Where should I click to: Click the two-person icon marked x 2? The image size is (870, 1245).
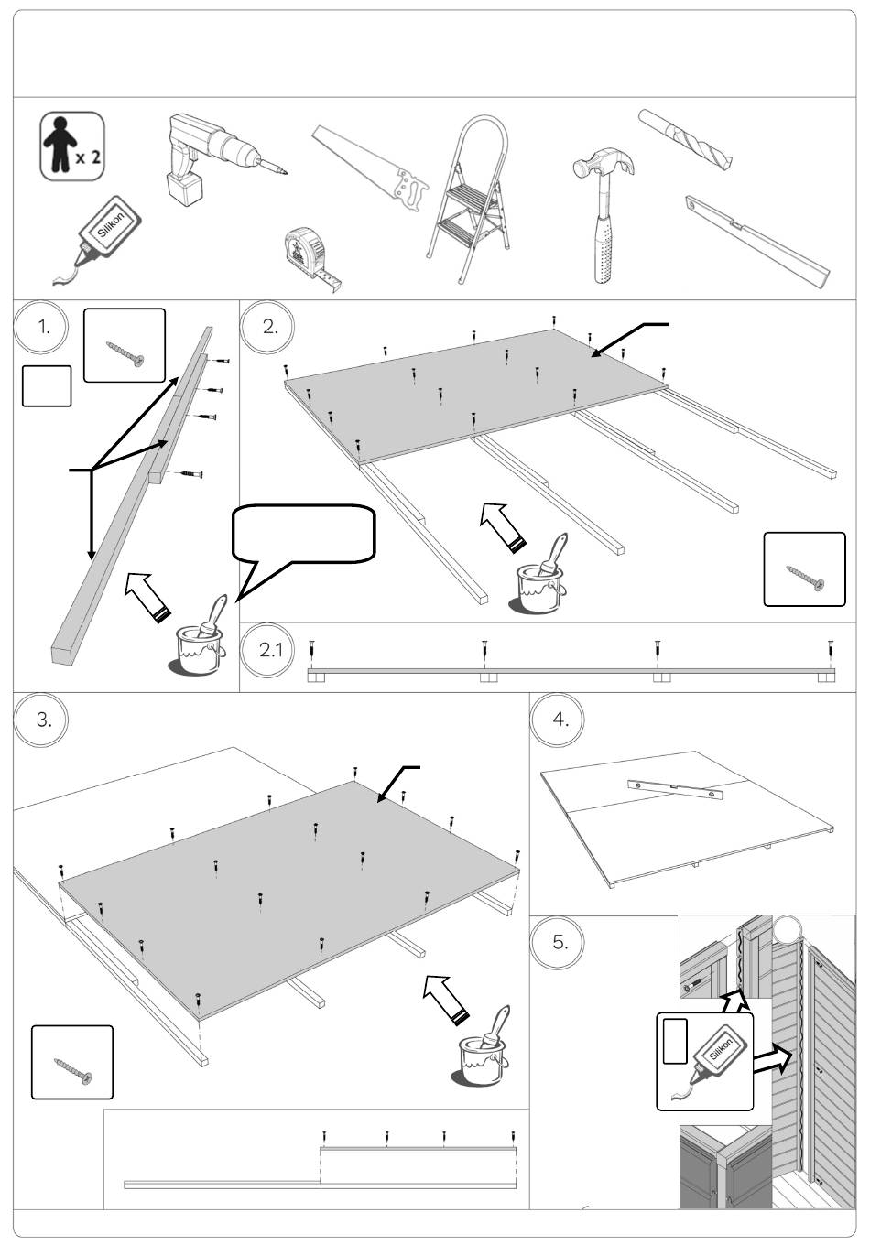[x=72, y=146]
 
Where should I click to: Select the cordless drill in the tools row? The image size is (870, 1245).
[x=223, y=159]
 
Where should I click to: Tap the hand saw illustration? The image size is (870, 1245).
[x=370, y=168]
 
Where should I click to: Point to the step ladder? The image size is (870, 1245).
[x=468, y=199]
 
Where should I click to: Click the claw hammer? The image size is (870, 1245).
[x=604, y=214]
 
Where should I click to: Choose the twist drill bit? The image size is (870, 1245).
[x=686, y=139]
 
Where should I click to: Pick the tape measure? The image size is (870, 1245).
[x=311, y=258]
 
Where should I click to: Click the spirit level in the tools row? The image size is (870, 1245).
[x=757, y=242]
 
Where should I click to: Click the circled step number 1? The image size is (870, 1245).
[x=41, y=327]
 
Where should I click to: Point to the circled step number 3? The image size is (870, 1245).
[x=41, y=720]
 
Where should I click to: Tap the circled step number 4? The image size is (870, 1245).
[x=557, y=720]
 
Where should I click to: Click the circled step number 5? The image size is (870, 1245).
[x=557, y=942]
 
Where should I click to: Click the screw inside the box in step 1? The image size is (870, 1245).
[x=125, y=353]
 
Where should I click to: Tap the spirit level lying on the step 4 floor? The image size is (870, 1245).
[x=676, y=789]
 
